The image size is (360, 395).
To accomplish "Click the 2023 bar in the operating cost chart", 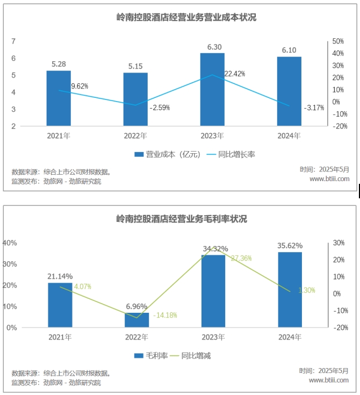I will click(212, 89).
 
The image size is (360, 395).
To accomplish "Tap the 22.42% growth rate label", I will click(235, 74).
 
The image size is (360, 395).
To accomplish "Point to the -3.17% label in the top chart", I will click(314, 108).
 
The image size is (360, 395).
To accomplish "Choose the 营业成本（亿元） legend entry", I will click(167, 154).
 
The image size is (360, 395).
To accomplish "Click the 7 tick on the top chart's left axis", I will click(13, 41).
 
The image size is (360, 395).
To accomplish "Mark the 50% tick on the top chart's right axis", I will click(338, 41).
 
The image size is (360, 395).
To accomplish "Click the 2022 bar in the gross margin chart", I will click(137, 320).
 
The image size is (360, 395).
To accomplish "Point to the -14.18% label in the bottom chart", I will click(165, 315).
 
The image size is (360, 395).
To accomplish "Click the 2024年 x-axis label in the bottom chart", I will click(290, 337).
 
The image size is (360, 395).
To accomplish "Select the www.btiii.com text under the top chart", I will click(329, 178).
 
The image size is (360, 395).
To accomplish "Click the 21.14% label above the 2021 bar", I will click(60, 276).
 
